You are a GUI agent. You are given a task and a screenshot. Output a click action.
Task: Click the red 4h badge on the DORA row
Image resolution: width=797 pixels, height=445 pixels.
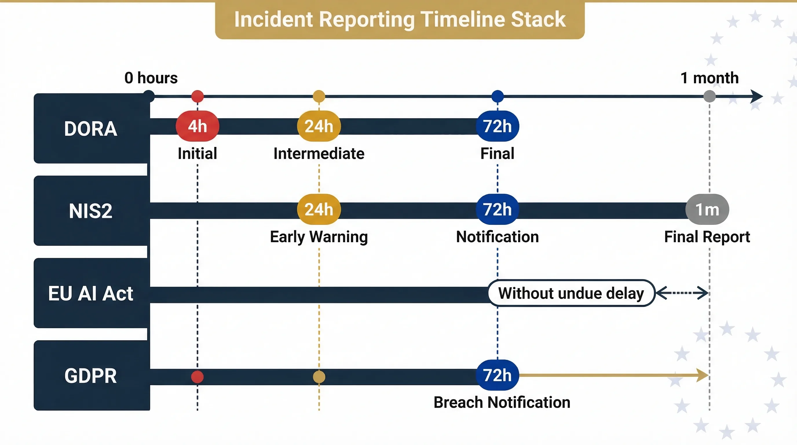click(198, 126)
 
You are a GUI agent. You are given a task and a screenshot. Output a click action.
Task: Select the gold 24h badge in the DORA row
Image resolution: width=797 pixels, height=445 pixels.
click(319, 126)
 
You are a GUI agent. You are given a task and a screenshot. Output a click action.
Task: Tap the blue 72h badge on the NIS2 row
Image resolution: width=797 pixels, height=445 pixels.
click(497, 209)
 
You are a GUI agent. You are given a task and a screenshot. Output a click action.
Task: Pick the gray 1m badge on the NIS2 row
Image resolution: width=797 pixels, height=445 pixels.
click(707, 209)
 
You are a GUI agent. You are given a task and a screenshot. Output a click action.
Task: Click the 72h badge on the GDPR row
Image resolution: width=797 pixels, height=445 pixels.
click(497, 375)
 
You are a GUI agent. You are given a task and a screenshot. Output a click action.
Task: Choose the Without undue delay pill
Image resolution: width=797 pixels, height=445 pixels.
click(571, 293)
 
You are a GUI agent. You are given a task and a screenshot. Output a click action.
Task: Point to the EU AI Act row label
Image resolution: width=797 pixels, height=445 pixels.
click(91, 293)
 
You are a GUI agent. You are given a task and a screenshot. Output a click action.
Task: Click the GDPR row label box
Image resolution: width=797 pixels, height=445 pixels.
click(91, 376)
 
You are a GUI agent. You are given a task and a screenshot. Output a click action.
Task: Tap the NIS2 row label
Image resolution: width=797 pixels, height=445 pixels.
click(91, 211)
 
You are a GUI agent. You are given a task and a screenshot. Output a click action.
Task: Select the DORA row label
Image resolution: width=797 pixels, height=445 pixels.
click(91, 128)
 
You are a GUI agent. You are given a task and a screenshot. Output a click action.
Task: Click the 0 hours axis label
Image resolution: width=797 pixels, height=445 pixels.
click(151, 78)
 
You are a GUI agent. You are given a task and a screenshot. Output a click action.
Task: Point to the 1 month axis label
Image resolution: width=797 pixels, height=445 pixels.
click(710, 78)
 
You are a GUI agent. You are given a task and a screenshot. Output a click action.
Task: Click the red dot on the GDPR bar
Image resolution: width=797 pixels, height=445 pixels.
click(198, 377)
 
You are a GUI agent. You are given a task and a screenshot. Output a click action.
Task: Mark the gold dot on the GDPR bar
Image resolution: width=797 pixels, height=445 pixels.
click(319, 377)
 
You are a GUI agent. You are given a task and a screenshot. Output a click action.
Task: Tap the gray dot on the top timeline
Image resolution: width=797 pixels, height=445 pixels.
click(710, 96)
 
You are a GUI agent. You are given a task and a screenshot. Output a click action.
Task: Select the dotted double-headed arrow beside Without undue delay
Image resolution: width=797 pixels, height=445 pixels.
click(682, 293)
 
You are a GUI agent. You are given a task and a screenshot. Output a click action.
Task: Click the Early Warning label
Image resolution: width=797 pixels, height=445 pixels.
click(319, 237)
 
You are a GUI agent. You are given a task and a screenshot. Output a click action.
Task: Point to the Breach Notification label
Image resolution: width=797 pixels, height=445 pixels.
click(502, 403)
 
